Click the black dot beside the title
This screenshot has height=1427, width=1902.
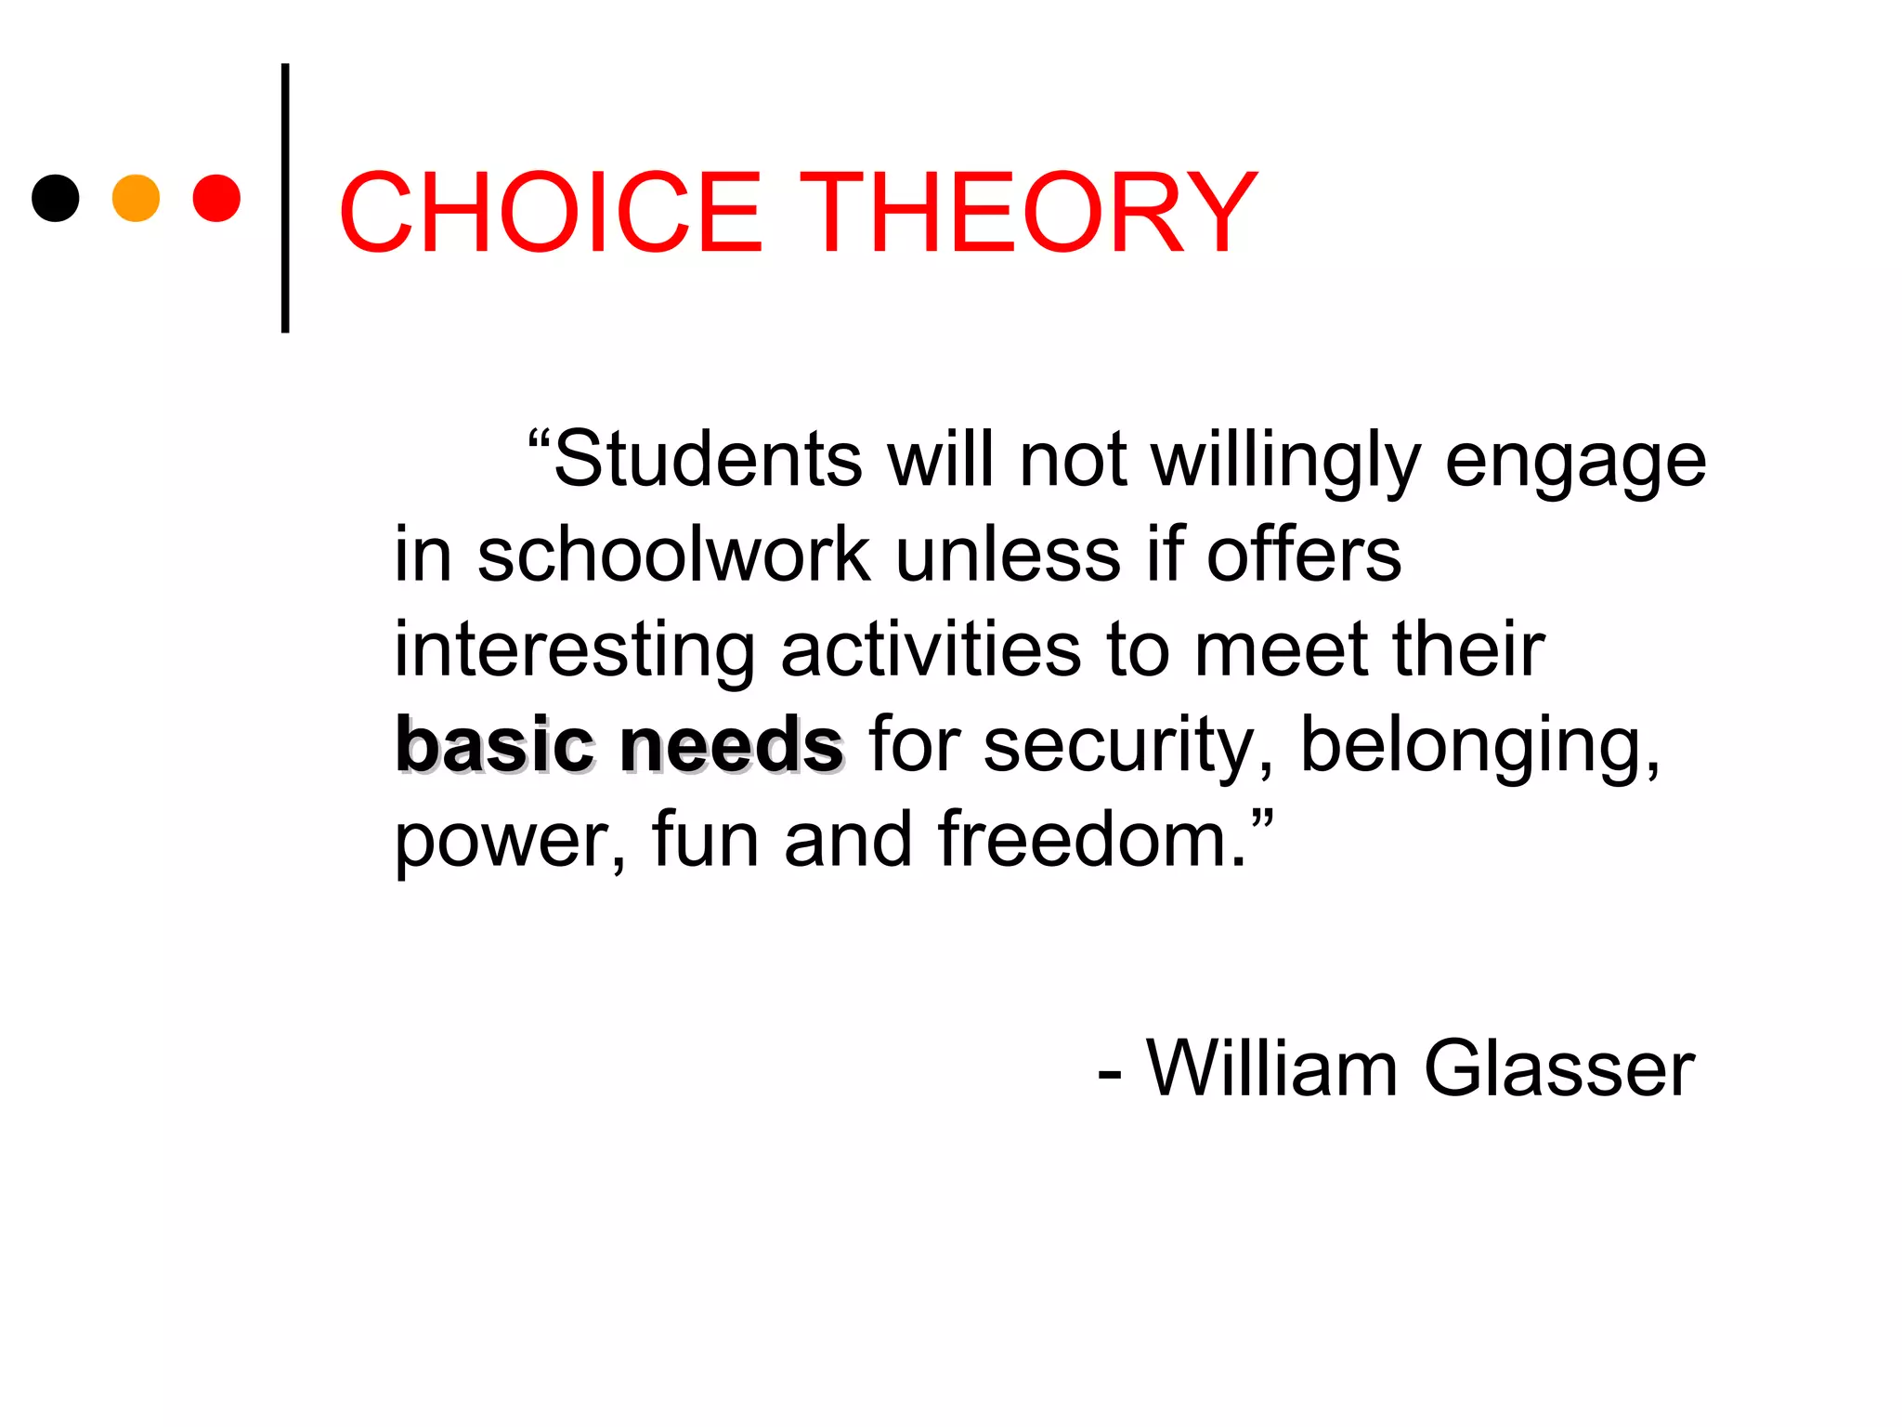(x=56, y=198)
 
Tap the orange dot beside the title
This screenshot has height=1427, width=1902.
(x=136, y=198)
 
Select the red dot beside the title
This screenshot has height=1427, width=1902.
(x=216, y=198)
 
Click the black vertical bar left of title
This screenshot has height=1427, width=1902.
(x=285, y=198)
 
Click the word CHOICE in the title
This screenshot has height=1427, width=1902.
(x=551, y=213)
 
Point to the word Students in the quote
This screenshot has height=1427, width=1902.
(x=708, y=459)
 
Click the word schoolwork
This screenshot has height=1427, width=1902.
(x=674, y=555)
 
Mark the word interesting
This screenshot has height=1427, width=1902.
(x=575, y=651)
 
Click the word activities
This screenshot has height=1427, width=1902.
(x=931, y=649)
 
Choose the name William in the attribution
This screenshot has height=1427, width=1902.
(x=1271, y=1068)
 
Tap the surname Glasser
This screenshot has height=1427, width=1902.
(x=1559, y=1068)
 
